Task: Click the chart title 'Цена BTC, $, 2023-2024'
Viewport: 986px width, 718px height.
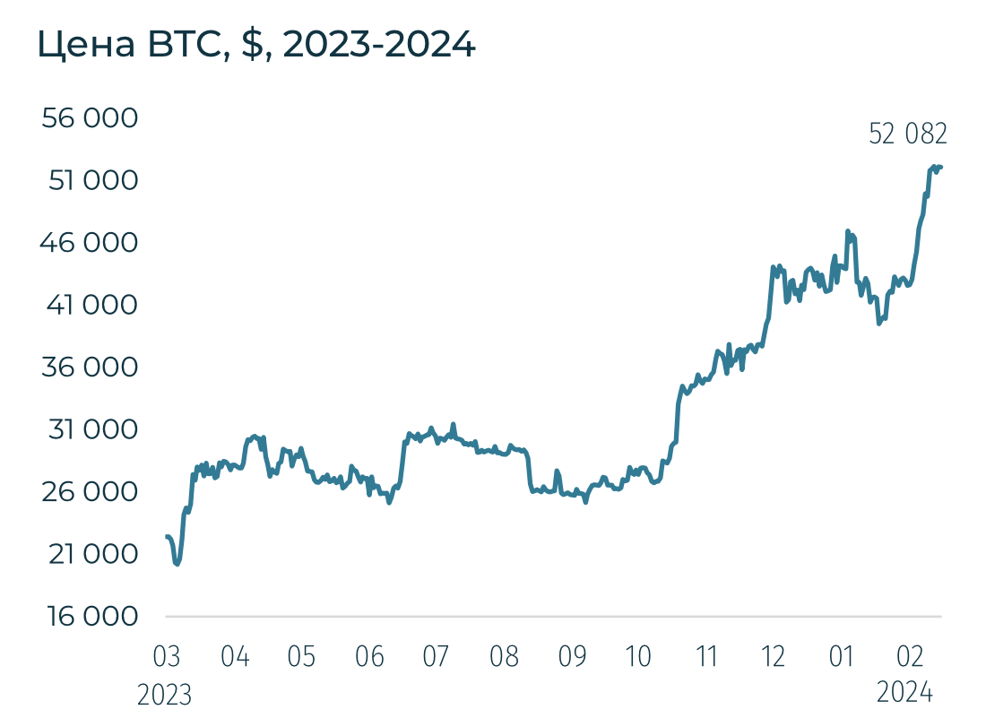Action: tap(256, 45)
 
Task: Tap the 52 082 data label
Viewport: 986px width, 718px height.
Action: tap(908, 134)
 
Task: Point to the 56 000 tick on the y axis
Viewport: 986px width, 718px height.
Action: tap(91, 119)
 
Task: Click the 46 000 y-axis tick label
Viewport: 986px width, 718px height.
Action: tap(91, 243)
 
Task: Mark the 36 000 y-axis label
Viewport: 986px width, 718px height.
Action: tap(91, 368)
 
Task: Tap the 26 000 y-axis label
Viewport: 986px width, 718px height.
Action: tap(91, 492)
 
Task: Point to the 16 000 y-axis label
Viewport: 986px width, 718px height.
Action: tap(91, 617)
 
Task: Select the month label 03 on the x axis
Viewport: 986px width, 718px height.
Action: tap(167, 657)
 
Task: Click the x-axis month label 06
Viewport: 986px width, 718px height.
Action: tap(369, 657)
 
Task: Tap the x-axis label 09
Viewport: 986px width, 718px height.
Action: tap(572, 657)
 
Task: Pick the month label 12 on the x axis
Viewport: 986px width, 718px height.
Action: tap(774, 657)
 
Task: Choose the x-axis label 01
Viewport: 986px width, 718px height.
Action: tap(841, 657)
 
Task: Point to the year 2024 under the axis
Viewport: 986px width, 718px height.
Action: tap(905, 693)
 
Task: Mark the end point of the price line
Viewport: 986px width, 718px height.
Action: tap(941, 167)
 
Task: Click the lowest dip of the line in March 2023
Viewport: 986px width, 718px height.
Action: tap(177, 564)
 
